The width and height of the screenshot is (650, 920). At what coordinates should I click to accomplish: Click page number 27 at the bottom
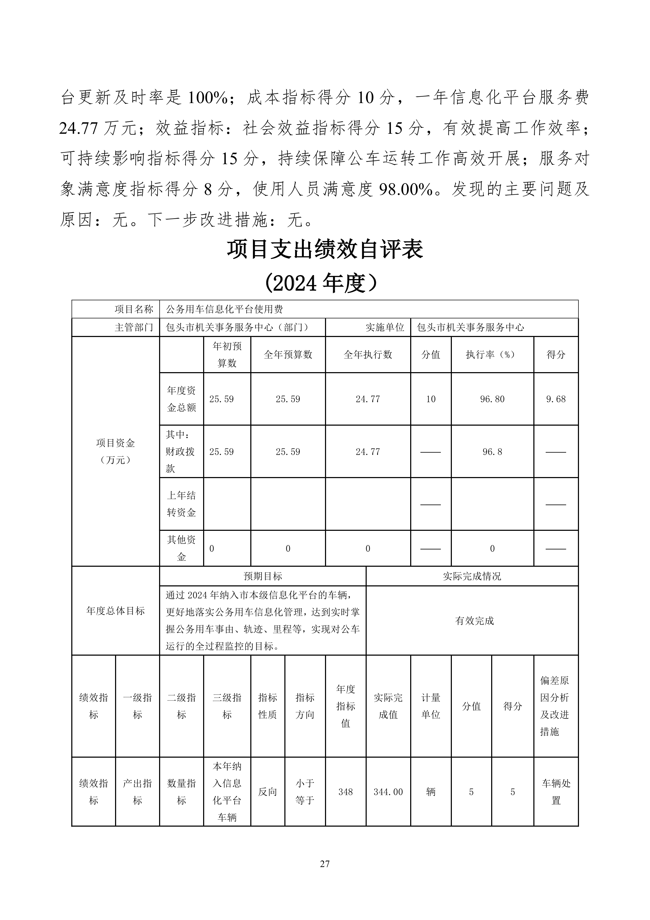tap(325, 864)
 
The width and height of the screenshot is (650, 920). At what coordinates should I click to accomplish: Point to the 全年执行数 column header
tap(368, 355)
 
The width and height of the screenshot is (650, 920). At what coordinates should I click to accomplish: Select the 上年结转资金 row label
tap(181, 504)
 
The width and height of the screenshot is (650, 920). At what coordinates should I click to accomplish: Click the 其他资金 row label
tap(181, 548)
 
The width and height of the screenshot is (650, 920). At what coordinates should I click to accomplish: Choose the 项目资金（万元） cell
tap(115, 451)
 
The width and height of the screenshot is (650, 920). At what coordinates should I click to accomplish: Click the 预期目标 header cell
tap(263, 576)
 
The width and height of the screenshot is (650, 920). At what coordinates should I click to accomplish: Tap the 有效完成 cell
tap(474, 621)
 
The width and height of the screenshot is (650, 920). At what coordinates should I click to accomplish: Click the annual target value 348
tap(345, 792)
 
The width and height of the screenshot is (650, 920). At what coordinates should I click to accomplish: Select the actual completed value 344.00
tap(388, 792)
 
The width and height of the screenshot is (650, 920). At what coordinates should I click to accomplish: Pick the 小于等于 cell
tap(305, 792)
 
